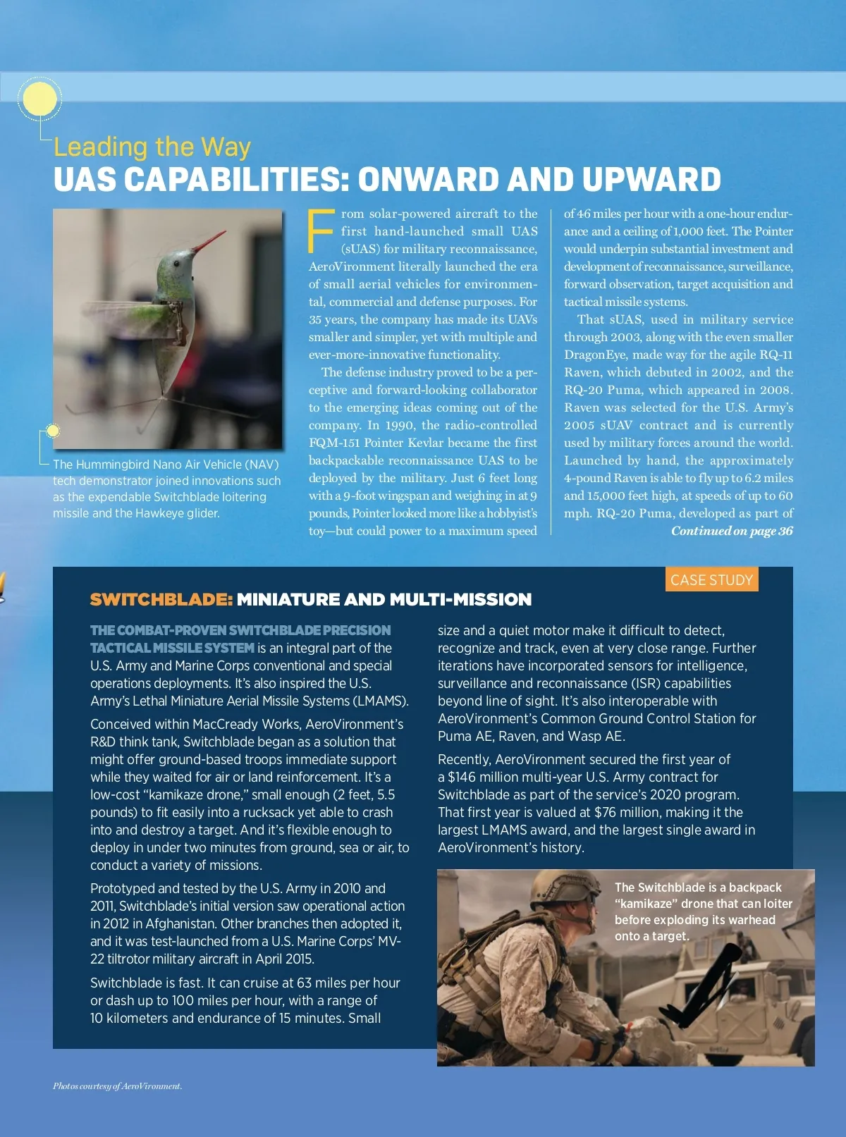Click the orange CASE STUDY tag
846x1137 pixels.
click(x=711, y=579)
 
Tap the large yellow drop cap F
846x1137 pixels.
click(x=321, y=231)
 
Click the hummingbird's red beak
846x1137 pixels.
click(x=210, y=243)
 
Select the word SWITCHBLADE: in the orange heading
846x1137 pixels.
click(x=161, y=599)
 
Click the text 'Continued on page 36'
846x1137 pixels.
click(x=732, y=531)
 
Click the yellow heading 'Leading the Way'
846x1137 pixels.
click(x=152, y=147)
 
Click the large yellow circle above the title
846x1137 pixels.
click(x=39, y=100)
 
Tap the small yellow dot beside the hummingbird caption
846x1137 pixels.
click(x=52, y=431)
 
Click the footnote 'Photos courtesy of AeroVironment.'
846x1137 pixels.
click(x=117, y=1086)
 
